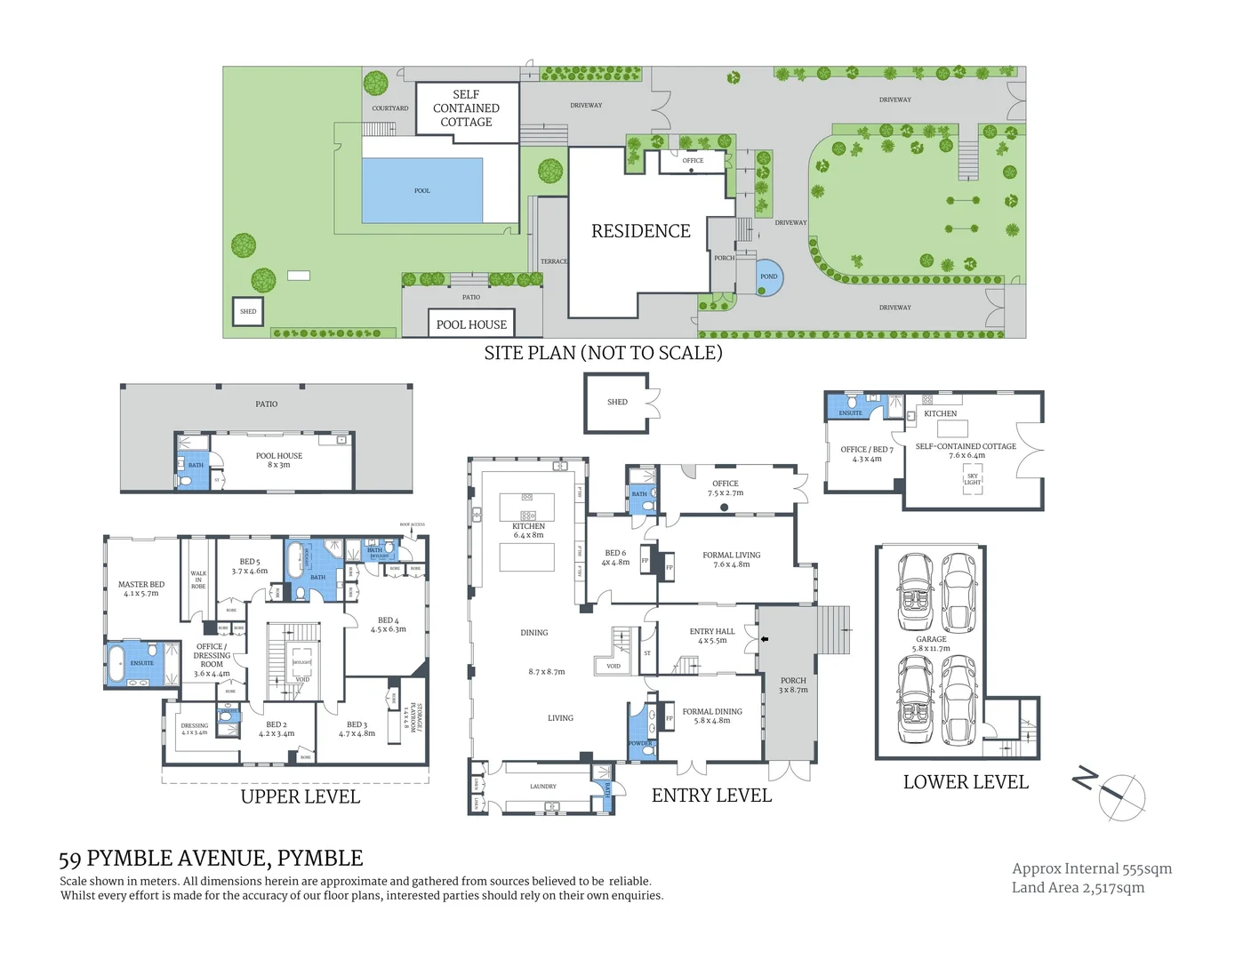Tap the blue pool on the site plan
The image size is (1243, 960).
coord(421,190)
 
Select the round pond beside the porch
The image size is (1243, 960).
coord(768,276)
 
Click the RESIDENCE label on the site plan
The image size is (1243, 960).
coord(640,231)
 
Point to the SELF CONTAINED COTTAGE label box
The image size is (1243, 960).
coord(466,108)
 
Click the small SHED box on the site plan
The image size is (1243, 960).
coord(248,311)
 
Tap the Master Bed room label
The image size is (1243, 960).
coord(141,588)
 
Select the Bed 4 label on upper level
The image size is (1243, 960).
coord(389,624)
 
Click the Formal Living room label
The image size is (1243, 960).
coord(731,559)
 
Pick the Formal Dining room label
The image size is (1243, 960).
coord(712,716)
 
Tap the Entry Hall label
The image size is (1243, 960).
coord(712,636)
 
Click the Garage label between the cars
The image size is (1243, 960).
coord(931,644)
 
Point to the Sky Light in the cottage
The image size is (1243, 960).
coord(972,479)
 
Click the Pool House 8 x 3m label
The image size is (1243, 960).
coord(279,460)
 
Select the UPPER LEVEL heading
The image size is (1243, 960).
coord(301,796)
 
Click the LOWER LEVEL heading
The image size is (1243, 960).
coord(966,782)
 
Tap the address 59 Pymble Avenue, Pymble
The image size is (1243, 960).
coord(211,858)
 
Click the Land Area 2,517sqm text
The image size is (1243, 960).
coord(1078,887)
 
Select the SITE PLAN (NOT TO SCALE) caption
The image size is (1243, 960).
coord(603,353)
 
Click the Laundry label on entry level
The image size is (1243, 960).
coord(542,786)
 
